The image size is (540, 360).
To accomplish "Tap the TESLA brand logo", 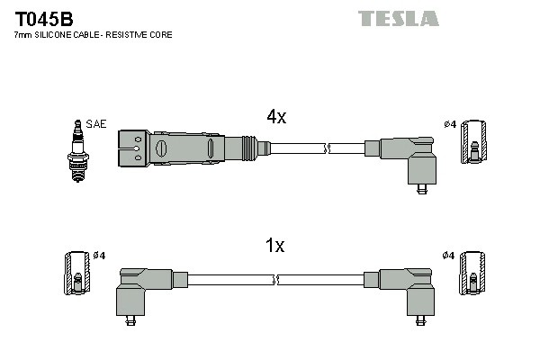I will click(399, 18).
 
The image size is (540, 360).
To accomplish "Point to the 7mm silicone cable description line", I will click(93, 34).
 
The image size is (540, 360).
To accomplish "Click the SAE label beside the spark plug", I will click(95, 123).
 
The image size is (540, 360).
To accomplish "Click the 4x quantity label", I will click(275, 117).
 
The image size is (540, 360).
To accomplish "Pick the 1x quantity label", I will click(275, 246).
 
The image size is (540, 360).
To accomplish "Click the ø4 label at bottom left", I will click(99, 256).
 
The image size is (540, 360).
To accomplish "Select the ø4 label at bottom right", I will click(448, 256).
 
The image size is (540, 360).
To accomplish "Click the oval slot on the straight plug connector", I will click(162, 147).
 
